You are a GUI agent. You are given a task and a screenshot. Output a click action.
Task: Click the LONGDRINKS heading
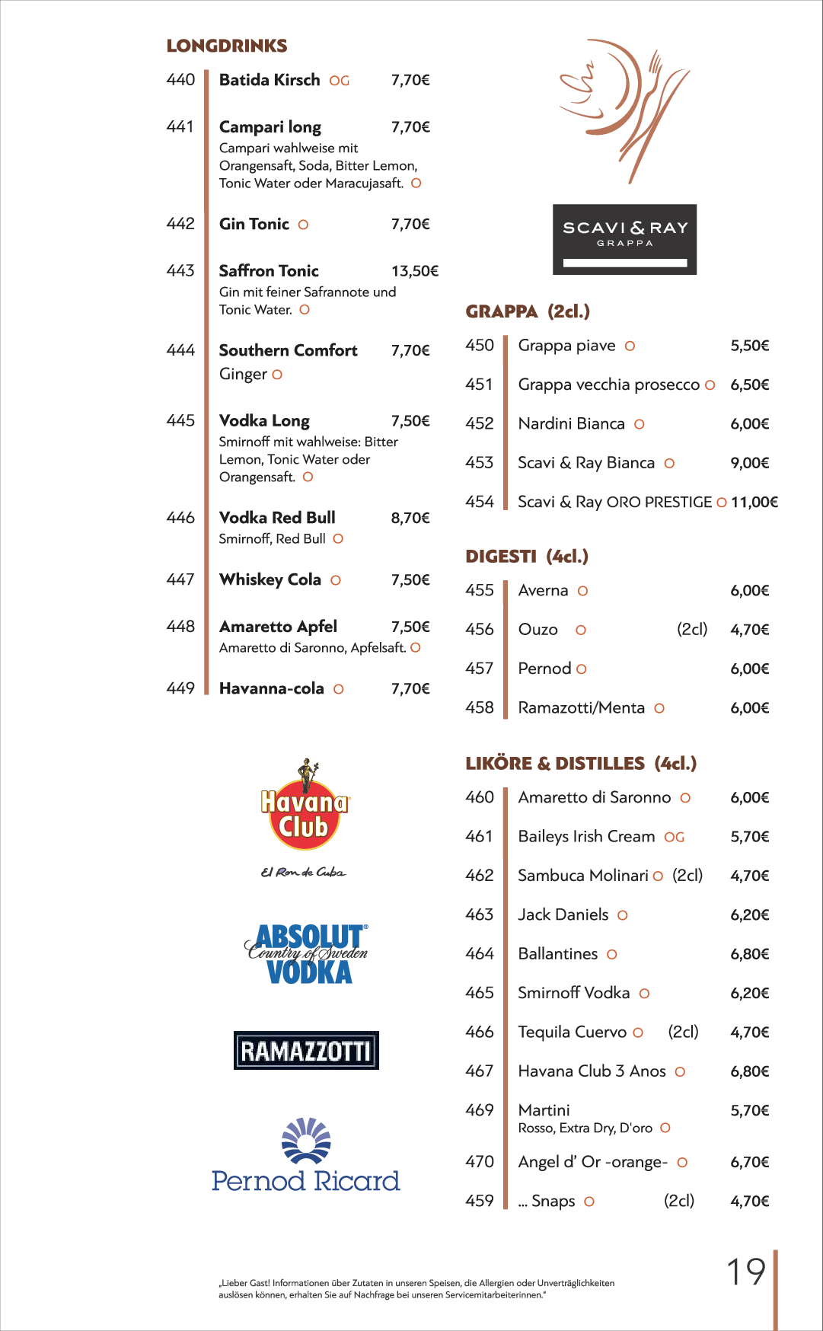point(226,46)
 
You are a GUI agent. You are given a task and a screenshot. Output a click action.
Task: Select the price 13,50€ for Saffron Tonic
point(414,271)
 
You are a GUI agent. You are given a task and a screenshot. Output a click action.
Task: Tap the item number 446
point(180,518)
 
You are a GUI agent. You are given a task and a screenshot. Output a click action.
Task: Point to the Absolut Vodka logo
point(307,953)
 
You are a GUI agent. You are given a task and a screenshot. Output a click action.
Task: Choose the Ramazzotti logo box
point(306,1051)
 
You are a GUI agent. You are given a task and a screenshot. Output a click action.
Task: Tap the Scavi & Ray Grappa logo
point(624,239)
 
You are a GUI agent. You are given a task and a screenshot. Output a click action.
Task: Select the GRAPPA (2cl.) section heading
point(528,311)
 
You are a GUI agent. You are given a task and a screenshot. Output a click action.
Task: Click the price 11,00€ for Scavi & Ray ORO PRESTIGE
point(754,503)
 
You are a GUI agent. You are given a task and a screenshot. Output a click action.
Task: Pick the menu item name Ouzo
point(538,630)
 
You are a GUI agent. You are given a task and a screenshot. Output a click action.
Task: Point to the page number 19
point(745,1272)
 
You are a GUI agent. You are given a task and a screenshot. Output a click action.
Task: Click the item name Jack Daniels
point(563,914)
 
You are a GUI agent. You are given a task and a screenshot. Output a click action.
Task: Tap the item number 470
point(480,1162)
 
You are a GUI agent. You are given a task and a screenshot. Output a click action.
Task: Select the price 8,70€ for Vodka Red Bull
point(410,519)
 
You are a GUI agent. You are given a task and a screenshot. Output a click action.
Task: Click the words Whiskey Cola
point(270,580)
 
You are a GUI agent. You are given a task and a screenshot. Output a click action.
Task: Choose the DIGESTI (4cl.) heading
point(527,557)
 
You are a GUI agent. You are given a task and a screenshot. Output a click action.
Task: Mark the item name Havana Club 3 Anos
point(592,1071)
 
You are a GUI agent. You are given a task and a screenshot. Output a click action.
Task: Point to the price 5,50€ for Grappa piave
point(749,346)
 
